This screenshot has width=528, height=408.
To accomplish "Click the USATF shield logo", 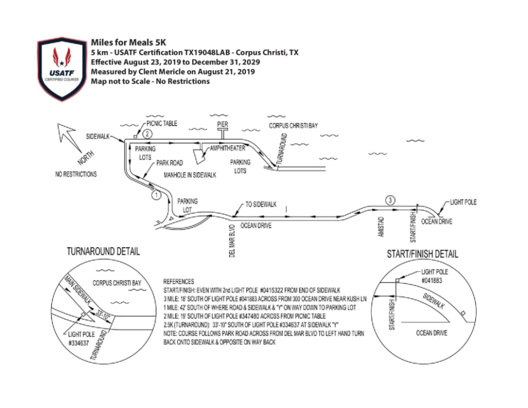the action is tap(62, 69).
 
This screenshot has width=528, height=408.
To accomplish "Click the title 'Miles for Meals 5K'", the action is tap(128, 42).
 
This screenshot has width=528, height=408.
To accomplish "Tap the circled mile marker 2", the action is tap(147, 134).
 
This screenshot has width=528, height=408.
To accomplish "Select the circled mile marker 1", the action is tap(156, 195).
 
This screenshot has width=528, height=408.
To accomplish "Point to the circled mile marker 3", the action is tap(390, 200).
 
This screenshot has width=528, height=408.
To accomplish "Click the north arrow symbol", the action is tap(70, 138).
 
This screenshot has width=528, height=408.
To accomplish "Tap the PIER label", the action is tap(223, 124).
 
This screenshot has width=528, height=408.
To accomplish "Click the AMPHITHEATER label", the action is tap(228, 148).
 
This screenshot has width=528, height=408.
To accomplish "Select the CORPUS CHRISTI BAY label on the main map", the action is tap(293, 126).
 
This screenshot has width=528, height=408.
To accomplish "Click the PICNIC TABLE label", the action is tap(162, 123).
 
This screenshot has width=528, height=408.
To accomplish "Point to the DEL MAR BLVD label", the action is tap(232, 241).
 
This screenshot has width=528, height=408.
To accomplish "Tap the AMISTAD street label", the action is tap(381, 227).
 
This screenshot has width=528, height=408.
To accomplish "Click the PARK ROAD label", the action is tap(170, 163).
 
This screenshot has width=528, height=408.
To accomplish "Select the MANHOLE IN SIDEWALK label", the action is tap(190, 175).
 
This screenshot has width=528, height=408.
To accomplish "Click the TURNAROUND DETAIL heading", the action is tap(103, 251).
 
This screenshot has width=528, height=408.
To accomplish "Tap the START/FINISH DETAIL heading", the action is tap(422, 254).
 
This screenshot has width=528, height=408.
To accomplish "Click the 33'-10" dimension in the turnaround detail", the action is tap(103, 316).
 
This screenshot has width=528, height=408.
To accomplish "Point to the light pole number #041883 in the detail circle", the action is tap(432, 280).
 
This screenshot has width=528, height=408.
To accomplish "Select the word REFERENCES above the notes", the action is tap(179, 281).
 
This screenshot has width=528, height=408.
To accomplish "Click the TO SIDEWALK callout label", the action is tap(261, 205).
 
